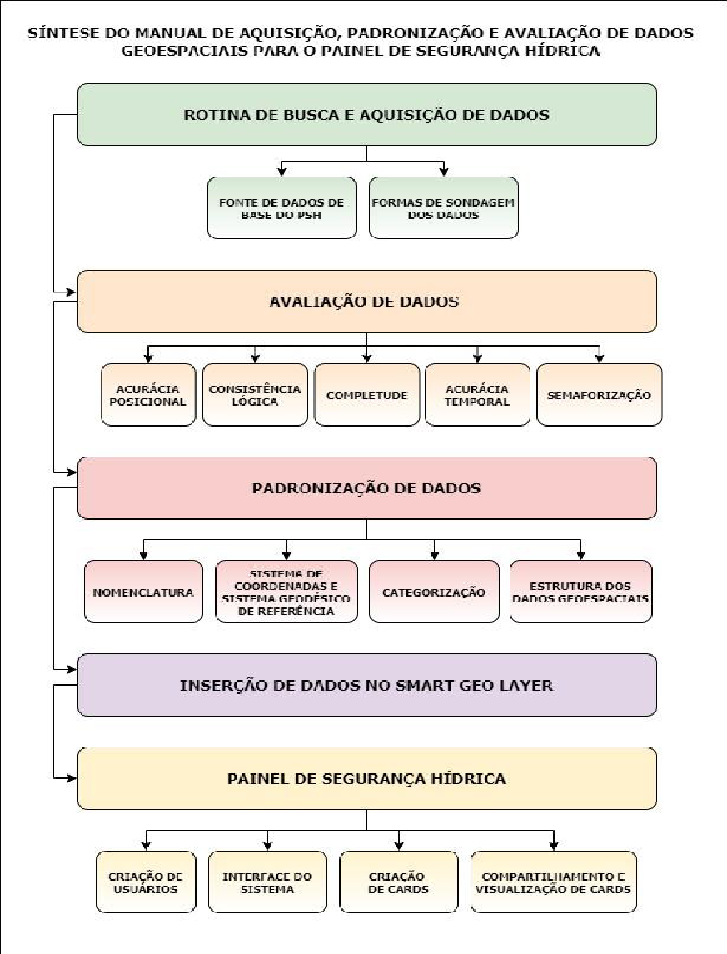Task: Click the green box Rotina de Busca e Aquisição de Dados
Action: tap(366, 115)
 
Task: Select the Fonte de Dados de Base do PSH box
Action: tap(281, 207)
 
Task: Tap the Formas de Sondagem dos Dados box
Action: tap(443, 207)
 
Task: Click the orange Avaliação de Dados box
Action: tap(366, 302)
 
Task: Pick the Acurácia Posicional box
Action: tap(148, 395)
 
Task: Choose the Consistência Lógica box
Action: tap(255, 395)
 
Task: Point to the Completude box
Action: tap(366, 395)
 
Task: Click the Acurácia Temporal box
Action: tap(477, 395)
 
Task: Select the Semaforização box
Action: tap(599, 395)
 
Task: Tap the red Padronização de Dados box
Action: tap(366, 488)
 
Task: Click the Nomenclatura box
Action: tap(143, 592)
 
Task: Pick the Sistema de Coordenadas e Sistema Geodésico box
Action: tap(286, 592)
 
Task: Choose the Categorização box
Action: tap(434, 592)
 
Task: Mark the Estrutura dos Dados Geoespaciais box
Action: tap(580, 592)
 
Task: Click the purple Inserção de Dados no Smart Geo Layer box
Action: tap(366, 685)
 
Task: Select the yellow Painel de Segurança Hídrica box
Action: tap(366, 778)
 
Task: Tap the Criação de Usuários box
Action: tap(146, 882)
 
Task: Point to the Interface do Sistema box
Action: tap(267, 882)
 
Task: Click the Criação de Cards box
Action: tap(398, 882)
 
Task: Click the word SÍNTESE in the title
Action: tap(57, 34)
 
